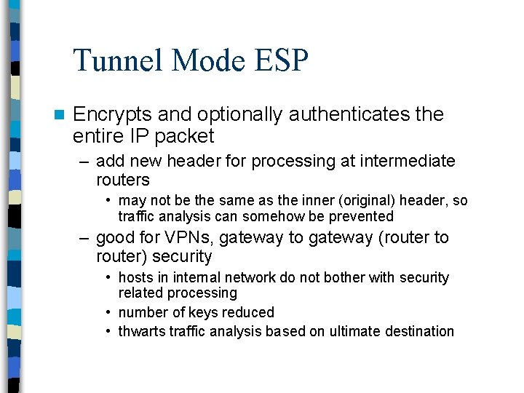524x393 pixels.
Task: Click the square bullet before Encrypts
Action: click(x=58, y=115)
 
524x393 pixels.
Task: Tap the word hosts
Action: click(x=136, y=277)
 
